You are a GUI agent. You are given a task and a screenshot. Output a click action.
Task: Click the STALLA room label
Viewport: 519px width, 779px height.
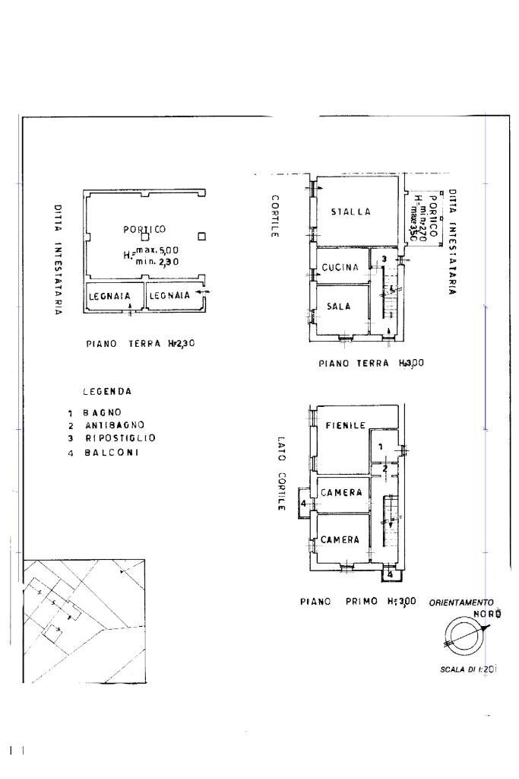point(350,211)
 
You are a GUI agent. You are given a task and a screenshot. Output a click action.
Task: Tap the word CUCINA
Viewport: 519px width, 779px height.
point(340,268)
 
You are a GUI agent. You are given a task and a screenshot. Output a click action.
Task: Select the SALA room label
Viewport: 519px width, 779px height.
point(338,306)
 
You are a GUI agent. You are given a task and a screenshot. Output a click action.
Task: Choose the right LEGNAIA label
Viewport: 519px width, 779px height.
point(169,296)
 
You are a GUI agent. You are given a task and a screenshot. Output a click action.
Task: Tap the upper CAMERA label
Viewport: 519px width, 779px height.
point(340,493)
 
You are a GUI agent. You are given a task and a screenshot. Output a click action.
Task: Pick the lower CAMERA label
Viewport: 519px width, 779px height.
point(340,540)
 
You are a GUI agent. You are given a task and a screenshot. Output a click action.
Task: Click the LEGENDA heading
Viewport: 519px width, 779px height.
point(107,392)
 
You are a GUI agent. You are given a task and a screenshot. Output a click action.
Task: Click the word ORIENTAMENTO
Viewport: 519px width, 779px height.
point(461,603)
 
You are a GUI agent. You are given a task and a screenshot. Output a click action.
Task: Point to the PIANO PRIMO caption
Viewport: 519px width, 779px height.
point(357,601)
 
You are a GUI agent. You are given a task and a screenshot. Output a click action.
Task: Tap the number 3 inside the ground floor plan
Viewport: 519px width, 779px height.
point(385,259)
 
